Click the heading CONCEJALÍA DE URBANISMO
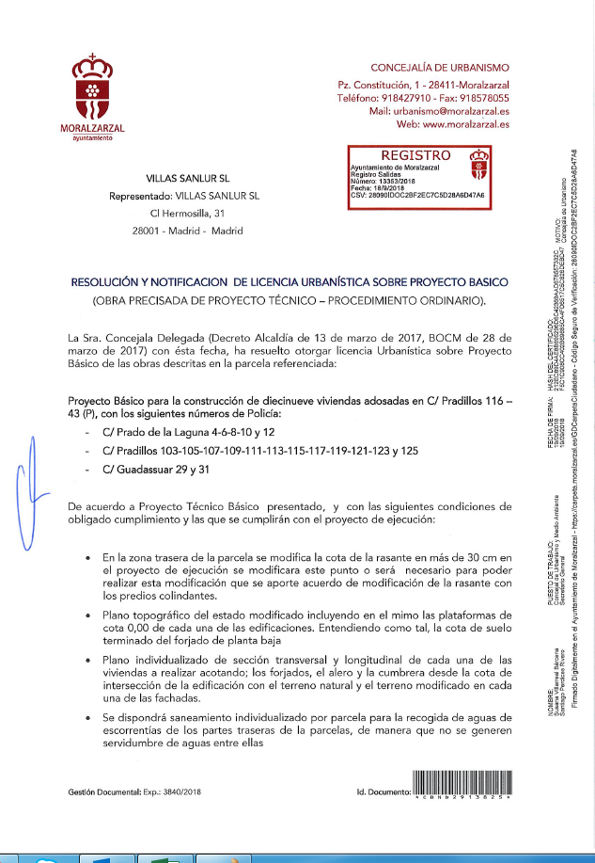440,68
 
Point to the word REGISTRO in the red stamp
415,154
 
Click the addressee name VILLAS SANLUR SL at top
188,177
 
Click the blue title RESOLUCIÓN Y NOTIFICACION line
290,281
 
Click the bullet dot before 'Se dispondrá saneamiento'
88,717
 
